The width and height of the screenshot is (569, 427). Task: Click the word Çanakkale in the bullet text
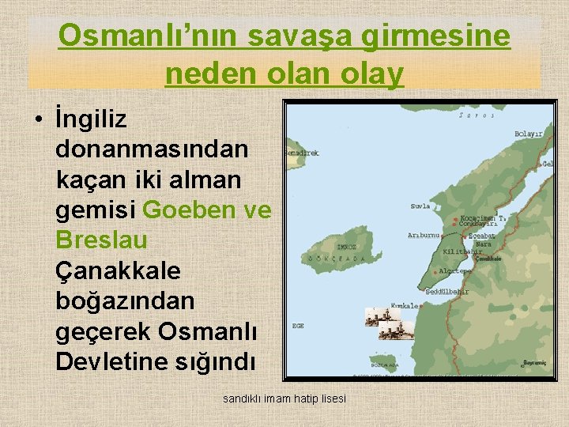[119, 271]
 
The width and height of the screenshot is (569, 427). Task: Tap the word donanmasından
[152, 149]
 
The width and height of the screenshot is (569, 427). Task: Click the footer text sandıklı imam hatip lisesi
[284, 399]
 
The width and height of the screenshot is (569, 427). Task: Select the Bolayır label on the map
[529, 135]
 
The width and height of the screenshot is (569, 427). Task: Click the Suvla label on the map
[420, 207]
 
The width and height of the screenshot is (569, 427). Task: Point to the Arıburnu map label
[424, 235]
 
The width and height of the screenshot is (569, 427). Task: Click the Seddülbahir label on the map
[447, 292]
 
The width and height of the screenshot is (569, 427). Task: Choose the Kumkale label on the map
[404, 305]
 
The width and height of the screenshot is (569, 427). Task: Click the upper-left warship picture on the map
[376, 316]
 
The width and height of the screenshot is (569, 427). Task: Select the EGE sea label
[298, 326]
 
